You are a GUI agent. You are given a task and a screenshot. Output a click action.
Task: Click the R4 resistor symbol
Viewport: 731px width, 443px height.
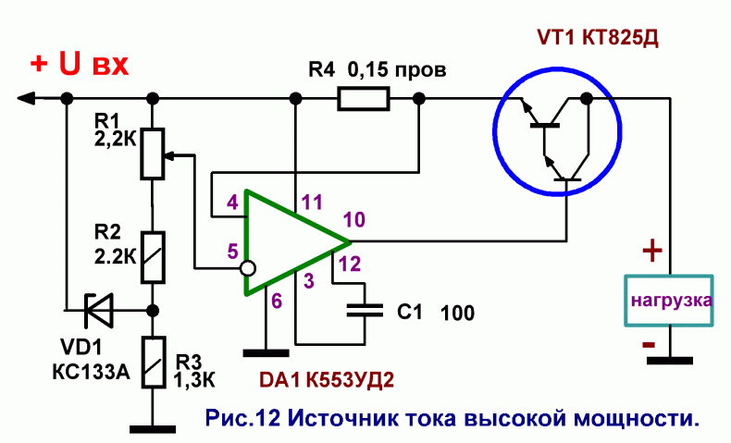[363, 99]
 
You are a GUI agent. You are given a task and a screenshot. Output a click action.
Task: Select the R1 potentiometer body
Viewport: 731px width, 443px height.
[153, 154]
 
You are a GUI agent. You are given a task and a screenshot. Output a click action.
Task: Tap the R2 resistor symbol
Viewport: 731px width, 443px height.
[153, 258]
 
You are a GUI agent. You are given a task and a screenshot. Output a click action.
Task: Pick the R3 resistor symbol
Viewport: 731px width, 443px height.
[154, 363]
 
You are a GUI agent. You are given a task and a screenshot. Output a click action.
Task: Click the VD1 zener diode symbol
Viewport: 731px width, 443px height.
[98, 310]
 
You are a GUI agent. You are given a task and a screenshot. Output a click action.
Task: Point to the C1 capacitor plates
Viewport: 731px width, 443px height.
[365, 310]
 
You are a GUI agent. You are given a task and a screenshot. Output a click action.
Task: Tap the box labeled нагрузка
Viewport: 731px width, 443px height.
[669, 301]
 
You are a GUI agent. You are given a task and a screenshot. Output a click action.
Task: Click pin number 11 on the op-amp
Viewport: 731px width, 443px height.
[312, 203]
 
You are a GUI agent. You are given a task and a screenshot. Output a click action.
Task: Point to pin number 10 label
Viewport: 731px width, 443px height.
[354, 219]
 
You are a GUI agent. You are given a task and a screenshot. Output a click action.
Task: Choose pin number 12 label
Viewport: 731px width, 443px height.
[350, 265]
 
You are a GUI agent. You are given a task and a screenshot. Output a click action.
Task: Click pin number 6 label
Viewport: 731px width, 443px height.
[277, 301]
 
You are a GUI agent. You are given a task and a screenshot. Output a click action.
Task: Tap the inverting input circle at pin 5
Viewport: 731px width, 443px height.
[248, 268]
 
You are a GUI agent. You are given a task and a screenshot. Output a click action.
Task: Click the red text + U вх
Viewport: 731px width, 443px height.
[80, 64]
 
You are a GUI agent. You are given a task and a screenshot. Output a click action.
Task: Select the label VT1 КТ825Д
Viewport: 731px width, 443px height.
[598, 38]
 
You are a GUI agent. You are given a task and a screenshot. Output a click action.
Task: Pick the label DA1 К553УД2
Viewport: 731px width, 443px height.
[327, 380]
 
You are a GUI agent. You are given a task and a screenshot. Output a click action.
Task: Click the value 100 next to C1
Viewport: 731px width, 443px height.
[457, 313]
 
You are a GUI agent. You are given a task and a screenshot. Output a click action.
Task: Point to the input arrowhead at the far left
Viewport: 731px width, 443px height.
[26, 98]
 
